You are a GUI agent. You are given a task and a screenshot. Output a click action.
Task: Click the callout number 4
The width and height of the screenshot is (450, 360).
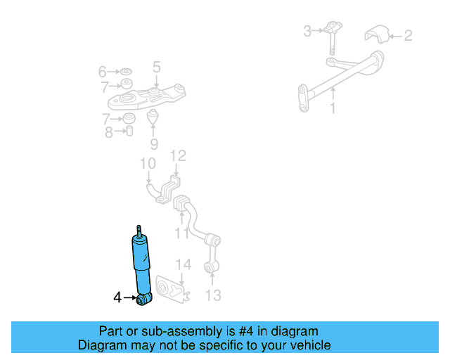coord(118,297)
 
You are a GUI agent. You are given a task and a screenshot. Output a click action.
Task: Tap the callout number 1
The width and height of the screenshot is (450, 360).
coord(333,109)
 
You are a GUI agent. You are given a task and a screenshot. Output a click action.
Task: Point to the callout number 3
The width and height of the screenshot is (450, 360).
coord(307,31)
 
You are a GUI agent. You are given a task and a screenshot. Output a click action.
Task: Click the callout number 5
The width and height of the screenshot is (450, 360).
coord(156,67)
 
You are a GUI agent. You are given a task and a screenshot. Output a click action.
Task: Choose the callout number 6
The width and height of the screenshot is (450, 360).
coord(103,72)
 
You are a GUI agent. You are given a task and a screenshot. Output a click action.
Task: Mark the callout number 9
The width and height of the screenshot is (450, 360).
coord(154,145)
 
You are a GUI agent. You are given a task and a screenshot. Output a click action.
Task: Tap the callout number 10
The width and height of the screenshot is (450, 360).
coord(147,164)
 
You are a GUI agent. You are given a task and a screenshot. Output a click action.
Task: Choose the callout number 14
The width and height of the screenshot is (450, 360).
coord(184,264)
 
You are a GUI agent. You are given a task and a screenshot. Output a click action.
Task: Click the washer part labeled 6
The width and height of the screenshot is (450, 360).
coord(127,72)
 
